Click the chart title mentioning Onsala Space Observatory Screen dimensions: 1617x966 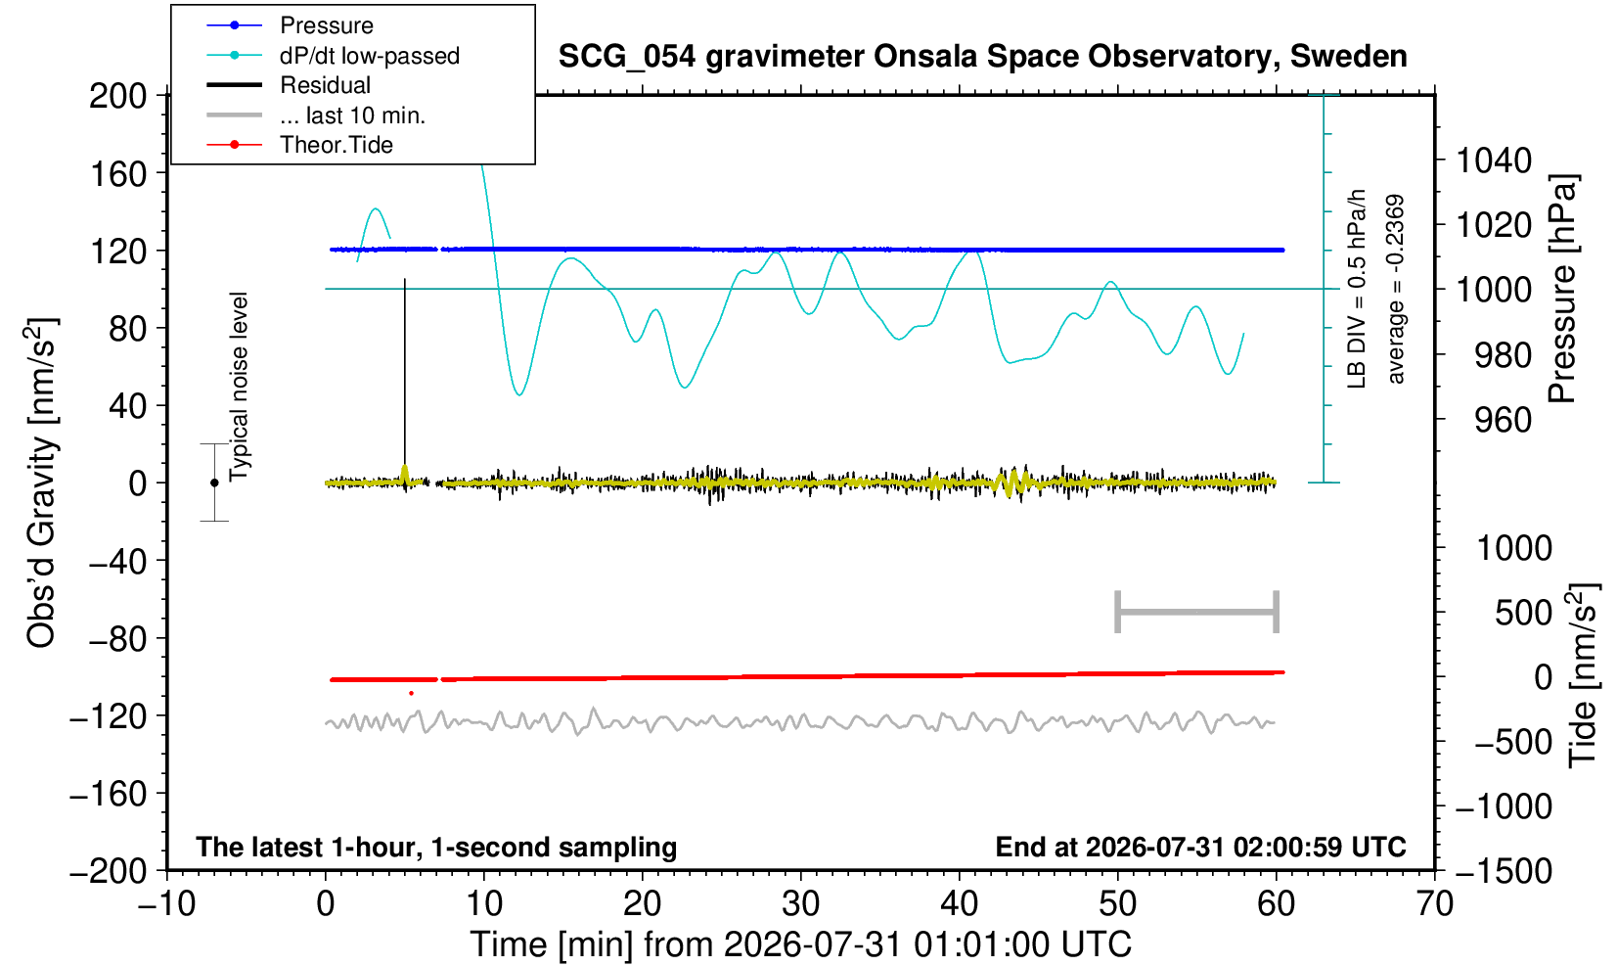(982, 57)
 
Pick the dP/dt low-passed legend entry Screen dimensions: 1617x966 (333, 56)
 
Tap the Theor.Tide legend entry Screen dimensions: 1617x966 (299, 145)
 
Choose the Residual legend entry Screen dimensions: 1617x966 (288, 85)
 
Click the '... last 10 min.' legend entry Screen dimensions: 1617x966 (315, 115)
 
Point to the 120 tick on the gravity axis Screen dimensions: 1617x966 (117, 252)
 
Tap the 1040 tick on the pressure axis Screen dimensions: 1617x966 (1494, 160)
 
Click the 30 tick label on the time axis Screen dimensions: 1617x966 (800, 904)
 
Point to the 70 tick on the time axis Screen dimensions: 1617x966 (1434, 904)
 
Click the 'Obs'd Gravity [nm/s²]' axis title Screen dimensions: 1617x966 (42, 483)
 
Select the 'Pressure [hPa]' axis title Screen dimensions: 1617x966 (1563, 289)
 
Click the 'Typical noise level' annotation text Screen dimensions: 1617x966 (239, 388)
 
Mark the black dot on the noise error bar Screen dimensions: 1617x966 (214, 483)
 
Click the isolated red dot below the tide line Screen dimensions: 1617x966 (412, 694)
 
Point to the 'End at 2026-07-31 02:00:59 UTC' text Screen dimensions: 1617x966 (1200, 847)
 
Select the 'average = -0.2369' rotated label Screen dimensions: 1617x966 (1395, 289)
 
